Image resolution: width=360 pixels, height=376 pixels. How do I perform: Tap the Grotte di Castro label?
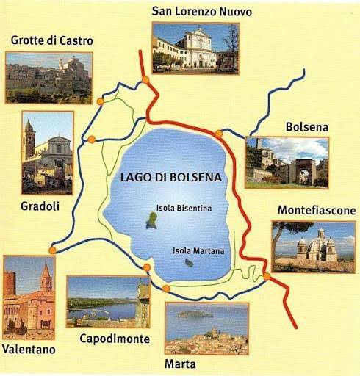tap(52, 40)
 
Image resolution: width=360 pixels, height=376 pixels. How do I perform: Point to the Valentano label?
tap(28, 350)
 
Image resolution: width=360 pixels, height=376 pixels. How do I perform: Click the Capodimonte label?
tap(114, 339)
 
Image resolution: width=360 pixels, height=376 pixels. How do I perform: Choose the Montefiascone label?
tap(316, 210)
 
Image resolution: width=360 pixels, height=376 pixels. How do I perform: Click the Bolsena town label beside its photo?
tap(309, 127)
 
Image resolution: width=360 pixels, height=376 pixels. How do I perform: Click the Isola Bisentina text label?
tap(184, 208)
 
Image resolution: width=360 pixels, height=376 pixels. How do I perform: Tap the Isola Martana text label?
tap(198, 250)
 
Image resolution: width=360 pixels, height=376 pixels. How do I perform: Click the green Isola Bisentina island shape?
tap(151, 220)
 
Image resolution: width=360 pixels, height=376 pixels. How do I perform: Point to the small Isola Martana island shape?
tap(190, 262)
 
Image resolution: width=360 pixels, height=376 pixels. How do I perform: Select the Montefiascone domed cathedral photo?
tap(313, 246)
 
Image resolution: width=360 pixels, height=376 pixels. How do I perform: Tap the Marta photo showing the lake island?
tap(206, 328)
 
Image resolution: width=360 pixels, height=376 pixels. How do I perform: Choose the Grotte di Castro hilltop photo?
tap(48, 77)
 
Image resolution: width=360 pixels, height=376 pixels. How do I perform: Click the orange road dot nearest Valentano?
tap(51, 250)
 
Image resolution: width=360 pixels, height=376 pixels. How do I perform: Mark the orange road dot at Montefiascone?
tap(266, 277)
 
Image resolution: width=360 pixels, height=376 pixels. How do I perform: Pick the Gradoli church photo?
tap(48, 152)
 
